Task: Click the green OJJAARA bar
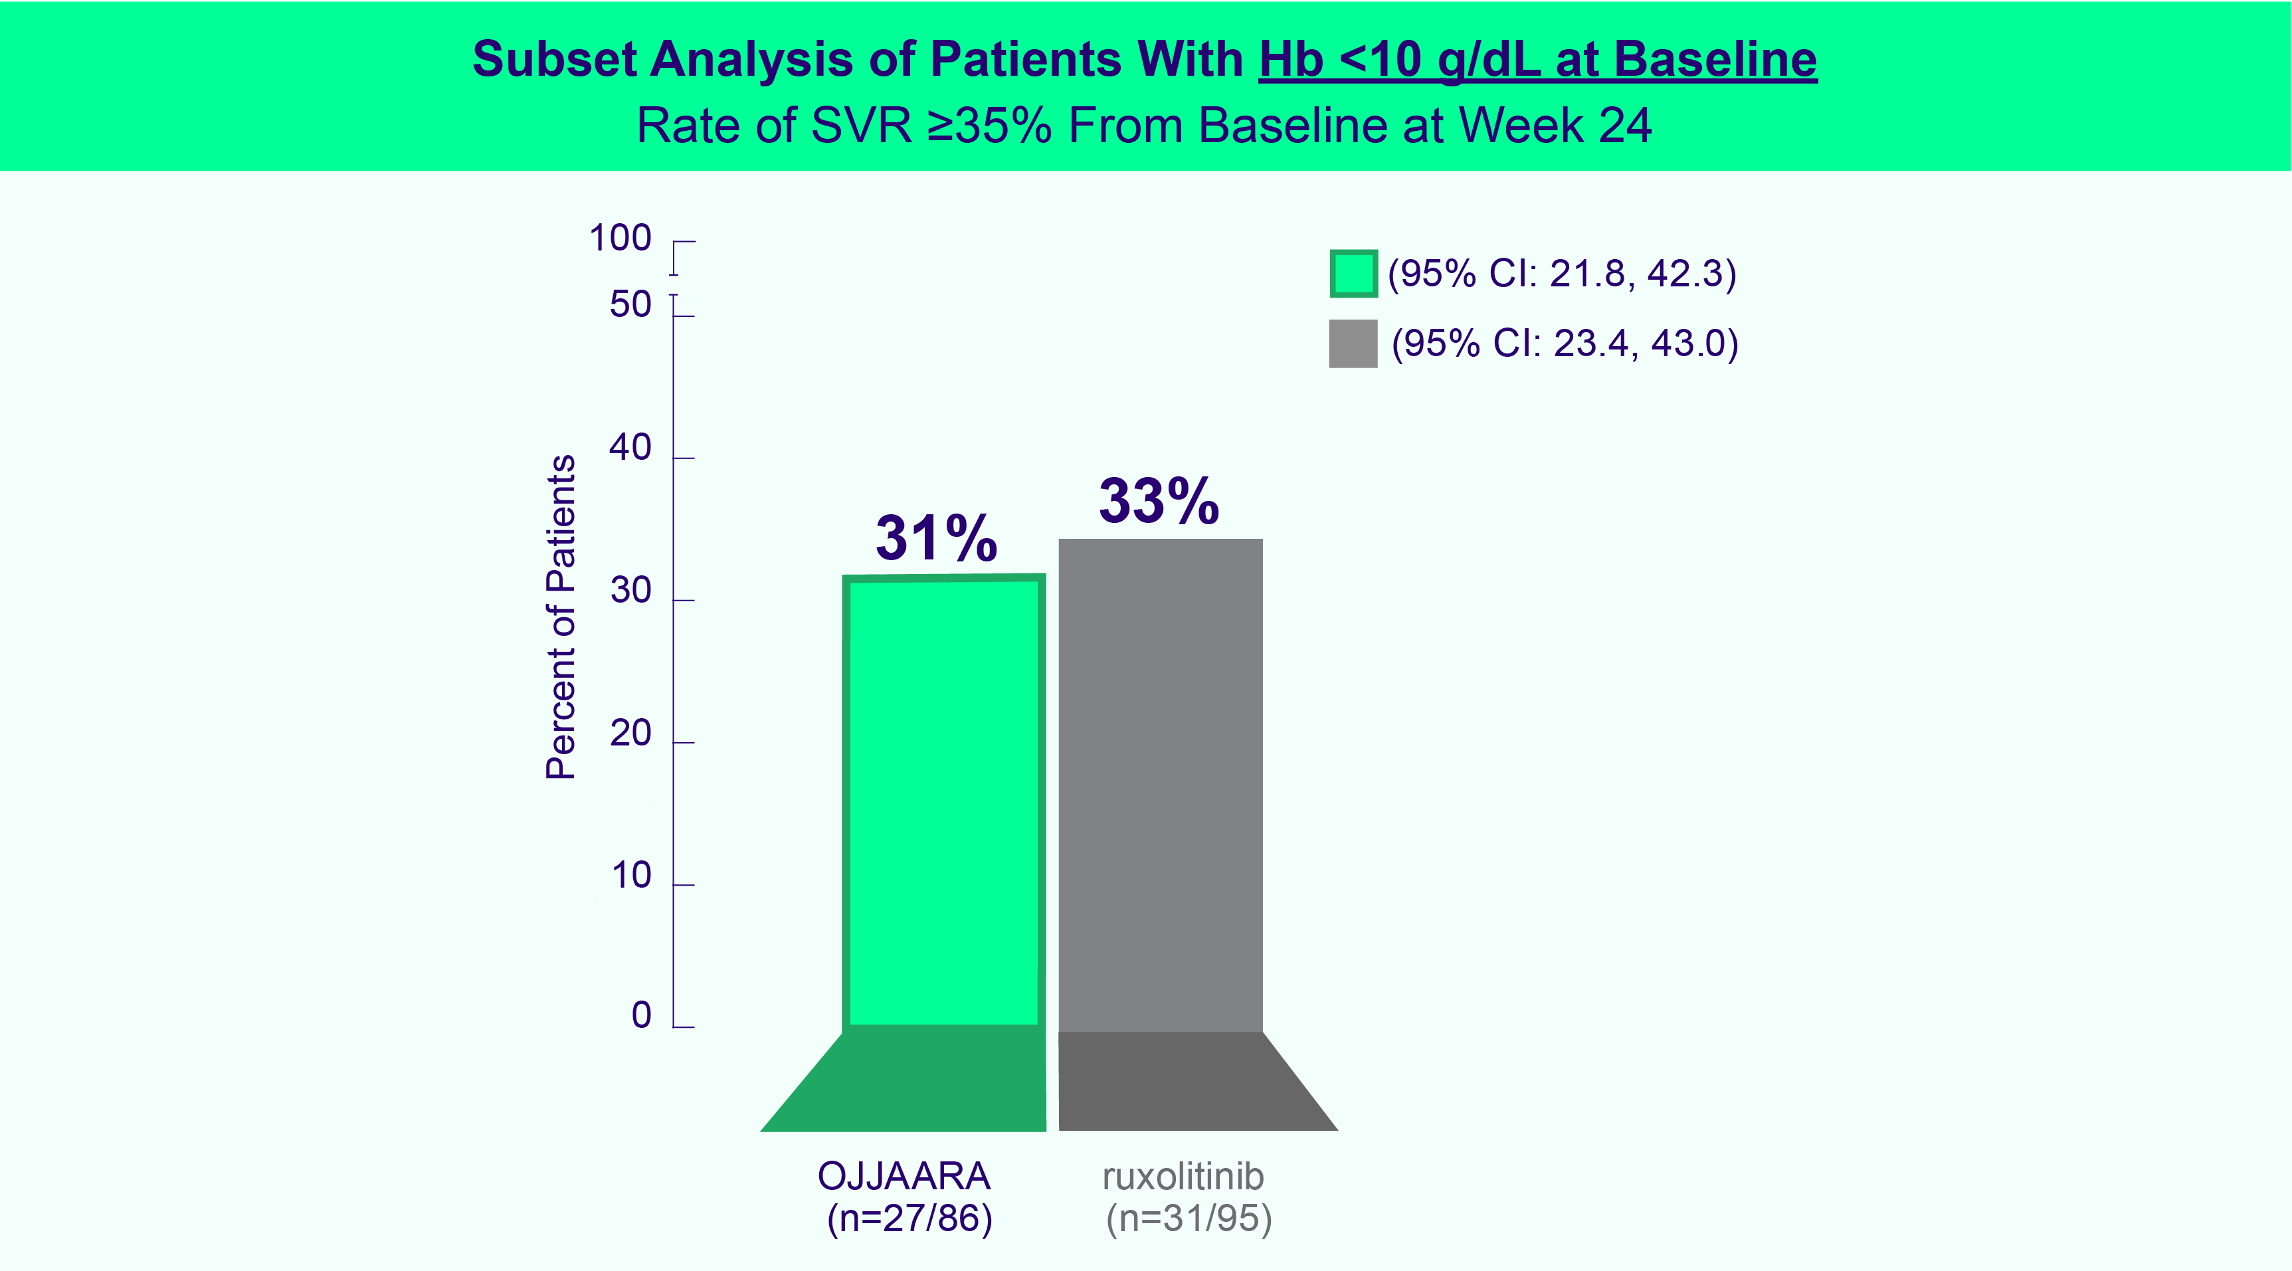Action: point(944,801)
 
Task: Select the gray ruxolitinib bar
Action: point(1160,783)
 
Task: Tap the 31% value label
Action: point(936,538)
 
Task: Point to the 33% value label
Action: point(1159,501)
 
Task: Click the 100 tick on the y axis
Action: point(620,239)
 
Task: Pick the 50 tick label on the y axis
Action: point(630,305)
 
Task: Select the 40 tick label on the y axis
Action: point(630,448)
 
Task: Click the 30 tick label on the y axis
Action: point(630,591)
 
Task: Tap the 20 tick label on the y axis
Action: point(630,733)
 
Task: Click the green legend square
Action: point(1353,273)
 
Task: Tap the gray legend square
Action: point(1353,343)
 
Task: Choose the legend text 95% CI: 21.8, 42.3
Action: point(1561,273)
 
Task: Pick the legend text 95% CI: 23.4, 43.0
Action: point(1564,343)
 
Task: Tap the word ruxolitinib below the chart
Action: point(1183,1177)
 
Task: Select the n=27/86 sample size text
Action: point(909,1219)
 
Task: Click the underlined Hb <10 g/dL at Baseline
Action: point(1537,60)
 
